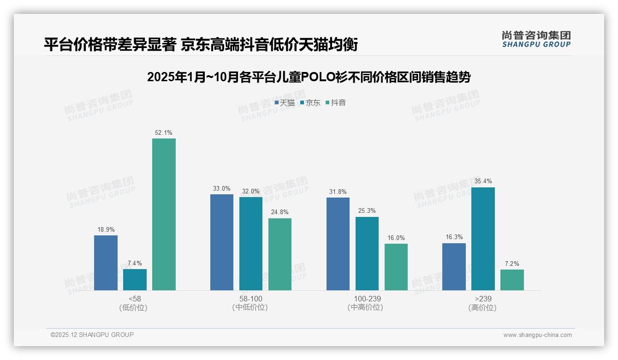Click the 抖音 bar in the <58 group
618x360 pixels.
(x=164, y=214)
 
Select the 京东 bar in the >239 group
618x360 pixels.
(x=483, y=239)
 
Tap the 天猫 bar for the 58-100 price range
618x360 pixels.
(x=222, y=242)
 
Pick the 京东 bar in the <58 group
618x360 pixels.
(x=135, y=280)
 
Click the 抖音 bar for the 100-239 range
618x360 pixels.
(x=396, y=267)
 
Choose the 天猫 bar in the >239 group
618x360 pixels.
(x=454, y=267)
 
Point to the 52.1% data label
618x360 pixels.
(x=164, y=133)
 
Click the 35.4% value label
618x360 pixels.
(x=483, y=181)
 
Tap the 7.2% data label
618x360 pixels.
(x=512, y=264)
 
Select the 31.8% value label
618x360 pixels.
(x=338, y=192)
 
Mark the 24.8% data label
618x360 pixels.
(x=280, y=212)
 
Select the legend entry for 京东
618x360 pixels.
(x=310, y=103)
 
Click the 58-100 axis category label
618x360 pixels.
(x=250, y=299)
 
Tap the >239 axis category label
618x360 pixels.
(x=482, y=299)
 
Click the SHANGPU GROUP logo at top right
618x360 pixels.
(x=536, y=39)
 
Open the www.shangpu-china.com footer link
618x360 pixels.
(x=537, y=335)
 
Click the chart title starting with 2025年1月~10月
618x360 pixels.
(x=309, y=77)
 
